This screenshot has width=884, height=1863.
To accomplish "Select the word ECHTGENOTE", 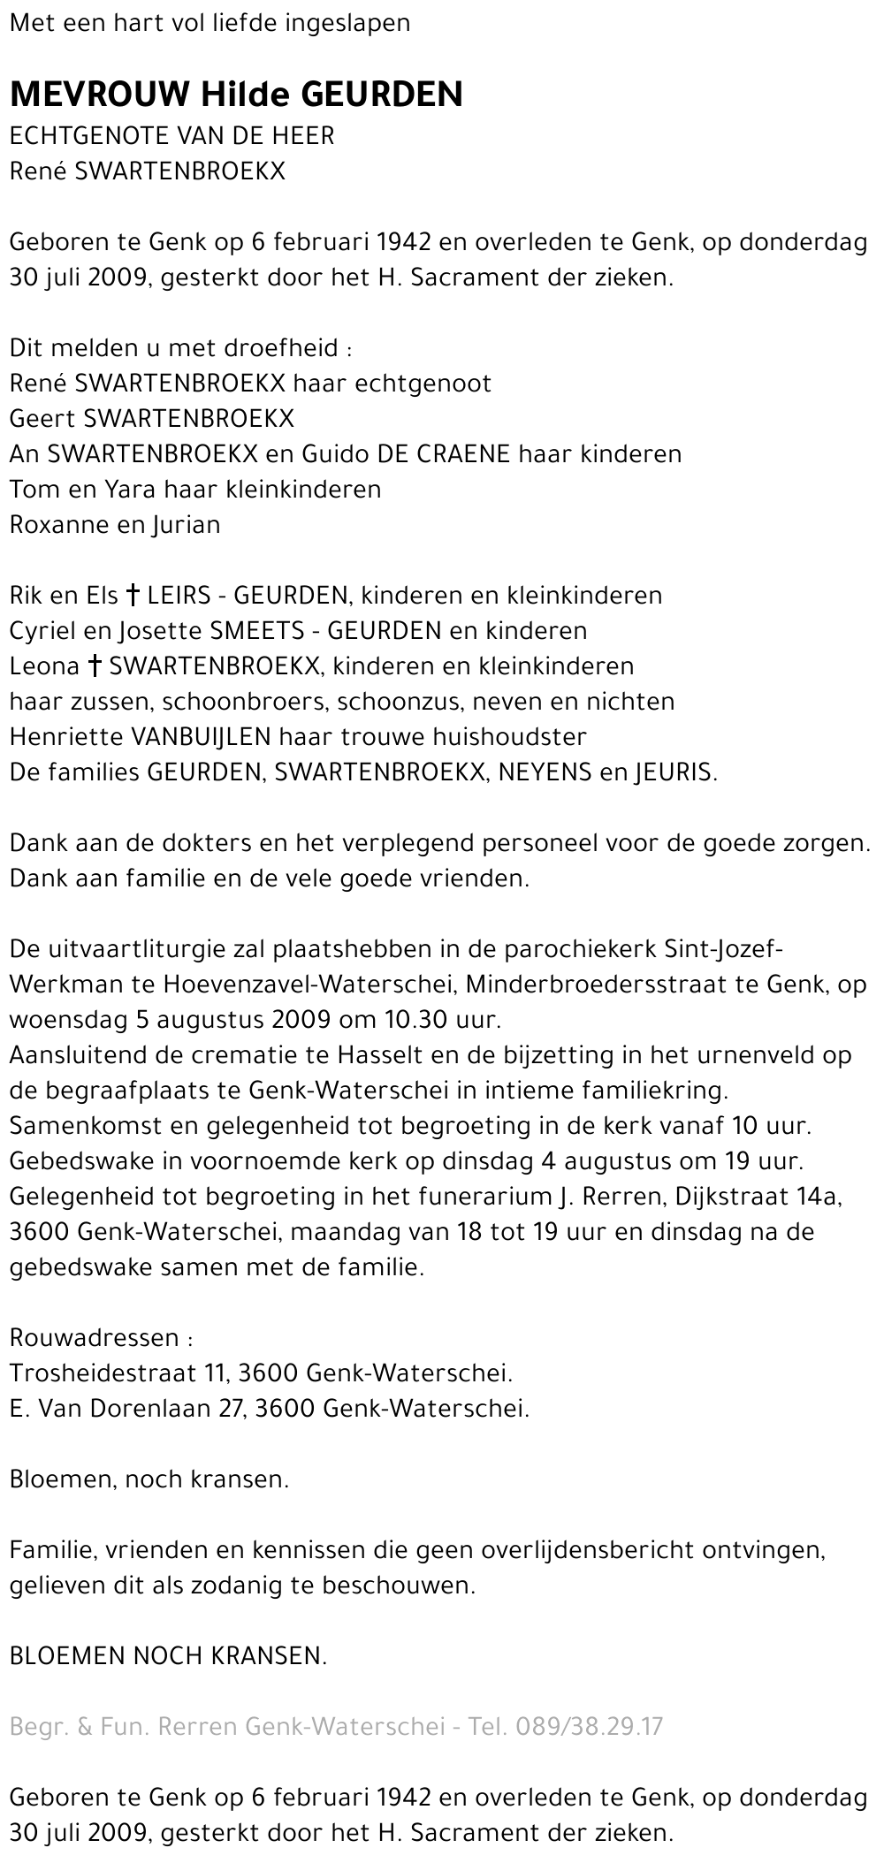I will point(90,136).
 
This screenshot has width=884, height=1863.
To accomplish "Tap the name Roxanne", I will point(58,525).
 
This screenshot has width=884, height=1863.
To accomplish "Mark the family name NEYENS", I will point(545,772).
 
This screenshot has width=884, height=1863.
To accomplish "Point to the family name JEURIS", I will point(674,772).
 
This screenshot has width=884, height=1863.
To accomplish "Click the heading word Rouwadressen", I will point(95,1338).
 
